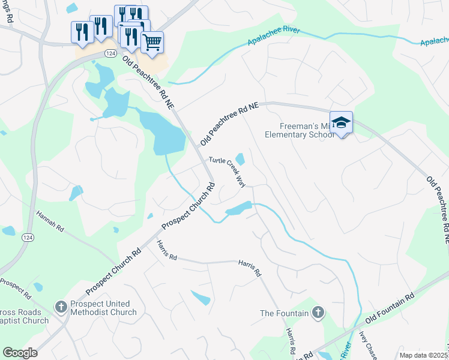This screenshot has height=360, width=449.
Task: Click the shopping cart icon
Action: coord(152,42)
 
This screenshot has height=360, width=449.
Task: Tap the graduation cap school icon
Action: coord(341,123)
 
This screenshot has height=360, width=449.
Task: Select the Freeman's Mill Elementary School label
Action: coord(300,130)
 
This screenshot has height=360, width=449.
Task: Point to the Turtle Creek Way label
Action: coord(228,172)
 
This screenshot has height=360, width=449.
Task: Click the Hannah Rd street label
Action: coord(50,221)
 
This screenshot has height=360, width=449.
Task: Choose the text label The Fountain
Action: coord(284,313)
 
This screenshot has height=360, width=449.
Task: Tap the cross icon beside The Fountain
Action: coord(318,313)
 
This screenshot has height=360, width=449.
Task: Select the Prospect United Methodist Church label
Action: coord(103,308)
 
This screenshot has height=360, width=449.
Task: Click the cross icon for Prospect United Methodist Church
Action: coord(61,308)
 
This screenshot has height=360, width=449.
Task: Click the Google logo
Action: coord(20,353)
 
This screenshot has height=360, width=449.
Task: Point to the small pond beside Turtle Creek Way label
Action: coord(240,159)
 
